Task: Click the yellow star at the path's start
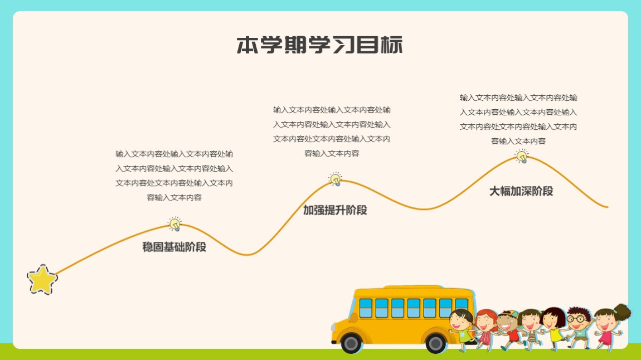pyautogui.click(x=42, y=280)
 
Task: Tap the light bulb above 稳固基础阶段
pyautogui.click(x=175, y=223)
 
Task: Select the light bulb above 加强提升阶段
pyautogui.click(x=336, y=179)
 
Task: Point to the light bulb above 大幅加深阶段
pyautogui.click(x=522, y=156)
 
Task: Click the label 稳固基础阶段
pyautogui.click(x=174, y=247)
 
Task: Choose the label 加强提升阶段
pyautogui.click(x=335, y=210)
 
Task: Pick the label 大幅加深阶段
pyautogui.click(x=521, y=191)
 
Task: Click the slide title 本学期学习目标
pyautogui.click(x=320, y=45)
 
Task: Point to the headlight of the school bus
pyautogui.click(x=333, y=327)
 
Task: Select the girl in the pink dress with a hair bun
pyautogui.click(x=611, y=328)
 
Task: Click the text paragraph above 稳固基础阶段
pyautogui.click(x=174, y=176)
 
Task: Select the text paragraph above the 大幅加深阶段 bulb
pyautogui.click(x=518, y=119)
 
